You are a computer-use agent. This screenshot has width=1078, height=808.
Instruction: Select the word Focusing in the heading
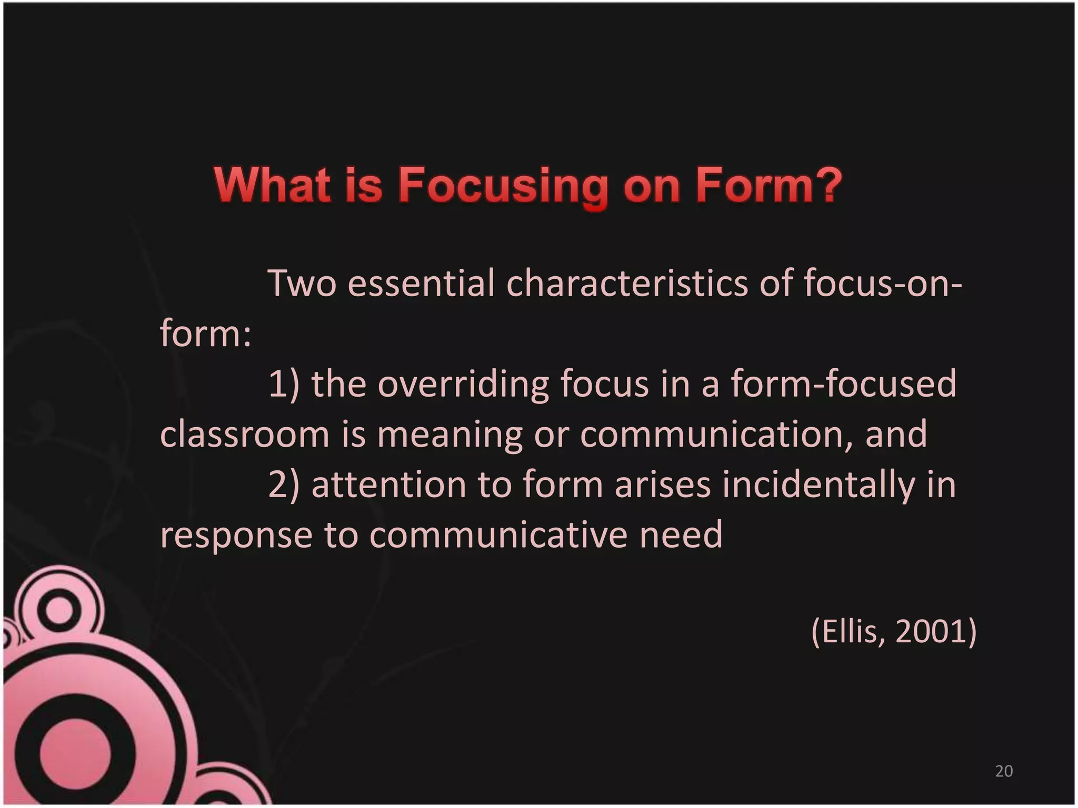[502, 186]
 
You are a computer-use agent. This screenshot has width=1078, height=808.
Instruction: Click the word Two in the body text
[302, 284]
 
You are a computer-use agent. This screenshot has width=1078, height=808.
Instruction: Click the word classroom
[244, 434]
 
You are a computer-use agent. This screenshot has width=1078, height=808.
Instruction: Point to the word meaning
[450, 435]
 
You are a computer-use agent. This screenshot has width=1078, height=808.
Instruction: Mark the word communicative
[498, 534]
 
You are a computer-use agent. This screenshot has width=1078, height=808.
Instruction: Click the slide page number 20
[1004, 771]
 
